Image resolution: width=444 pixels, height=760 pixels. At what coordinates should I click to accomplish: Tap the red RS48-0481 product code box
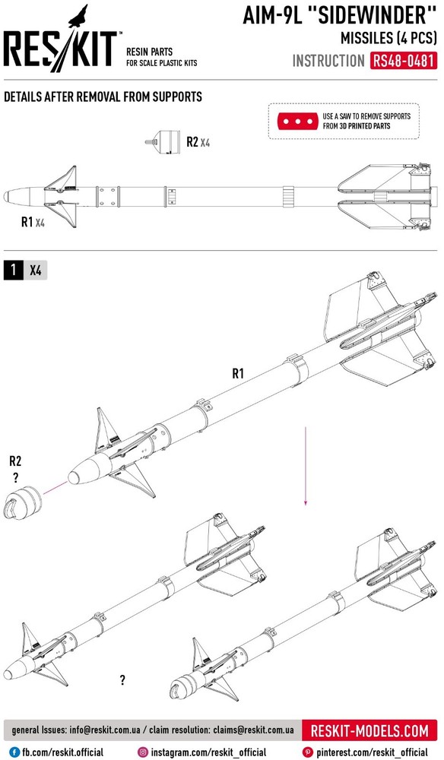(x=404, y=61)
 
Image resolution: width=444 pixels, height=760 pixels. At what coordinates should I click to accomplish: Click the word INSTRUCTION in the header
(x=328, y=61)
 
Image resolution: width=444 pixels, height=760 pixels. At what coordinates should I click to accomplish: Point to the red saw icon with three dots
(x=297, y=121)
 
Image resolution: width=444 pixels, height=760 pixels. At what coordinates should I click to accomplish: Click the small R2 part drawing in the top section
(x=163, y=142)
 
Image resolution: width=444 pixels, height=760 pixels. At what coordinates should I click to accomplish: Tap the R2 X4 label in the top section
(x=198, y=142)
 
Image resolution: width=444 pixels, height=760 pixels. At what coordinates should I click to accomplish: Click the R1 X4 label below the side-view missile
(x=33, y=223)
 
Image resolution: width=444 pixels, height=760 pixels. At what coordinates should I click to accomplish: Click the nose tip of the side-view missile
(x=5, y=196)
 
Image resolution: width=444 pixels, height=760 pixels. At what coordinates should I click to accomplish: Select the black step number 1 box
(x=13, y=270)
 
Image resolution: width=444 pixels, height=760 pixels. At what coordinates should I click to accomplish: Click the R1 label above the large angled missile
(x=237, y=373)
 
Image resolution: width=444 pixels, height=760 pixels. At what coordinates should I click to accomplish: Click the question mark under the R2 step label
(x=15, y=478)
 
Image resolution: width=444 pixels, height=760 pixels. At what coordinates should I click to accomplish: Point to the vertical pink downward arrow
(x=306, y=467)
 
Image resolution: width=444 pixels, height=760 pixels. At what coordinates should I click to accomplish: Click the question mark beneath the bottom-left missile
(x=122, y=680)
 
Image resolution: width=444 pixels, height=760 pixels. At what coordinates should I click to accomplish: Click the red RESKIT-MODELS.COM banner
(x=369, y=730)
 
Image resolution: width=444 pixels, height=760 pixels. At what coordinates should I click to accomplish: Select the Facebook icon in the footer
(x=14, y=752)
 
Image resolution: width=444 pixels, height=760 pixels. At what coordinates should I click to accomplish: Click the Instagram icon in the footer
(x=143, y=752)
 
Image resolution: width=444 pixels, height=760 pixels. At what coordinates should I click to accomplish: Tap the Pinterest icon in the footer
(x=307, y=752)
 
